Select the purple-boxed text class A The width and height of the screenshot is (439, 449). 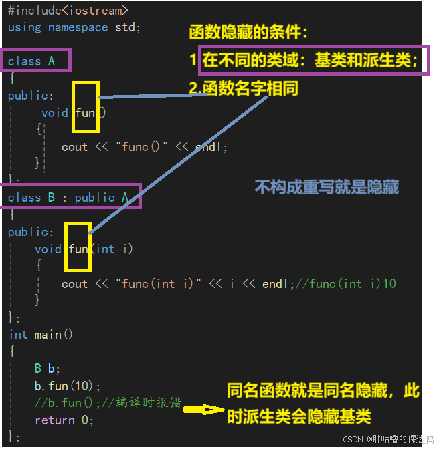[x=32, y=61]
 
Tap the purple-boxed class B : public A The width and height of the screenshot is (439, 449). [x=69, y=197]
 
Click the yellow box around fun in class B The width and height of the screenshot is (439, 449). [x=78, y=248]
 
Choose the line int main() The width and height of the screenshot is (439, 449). [x=41, y=334]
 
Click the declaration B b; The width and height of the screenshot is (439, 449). [x=48, y=369]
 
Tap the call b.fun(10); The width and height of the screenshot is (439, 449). [x=68, y=386]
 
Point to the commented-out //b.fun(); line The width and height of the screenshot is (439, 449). [x=107, y=403]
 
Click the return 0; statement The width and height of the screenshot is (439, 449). [x=64, y=420]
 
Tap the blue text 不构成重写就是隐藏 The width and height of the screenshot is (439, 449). [x=327, y=187]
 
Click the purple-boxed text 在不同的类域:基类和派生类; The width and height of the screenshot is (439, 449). [x=311, y=61]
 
